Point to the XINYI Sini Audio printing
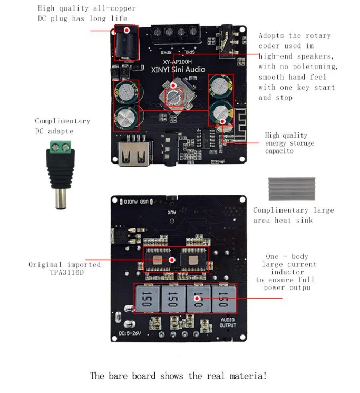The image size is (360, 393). pyautogui.click(x=178, y=70)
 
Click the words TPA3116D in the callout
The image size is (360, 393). pyautogui.click(x=63, y=273)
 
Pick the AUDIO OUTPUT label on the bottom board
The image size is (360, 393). pyautogui.click(x=228, y=322)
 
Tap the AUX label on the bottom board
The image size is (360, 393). pyautogui.click(x=172, y=212)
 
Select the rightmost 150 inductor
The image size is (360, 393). pyautogui.click(x=223, y=299)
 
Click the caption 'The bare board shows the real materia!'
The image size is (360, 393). pyautogui.click(x=178, y=376)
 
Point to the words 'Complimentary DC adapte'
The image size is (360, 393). pyautogui.click(x=62, y=126)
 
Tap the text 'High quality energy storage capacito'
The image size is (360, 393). pyautogui.click(x=289, y=143)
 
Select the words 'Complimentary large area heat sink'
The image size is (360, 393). pyautogui.click(x=293, y=215)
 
